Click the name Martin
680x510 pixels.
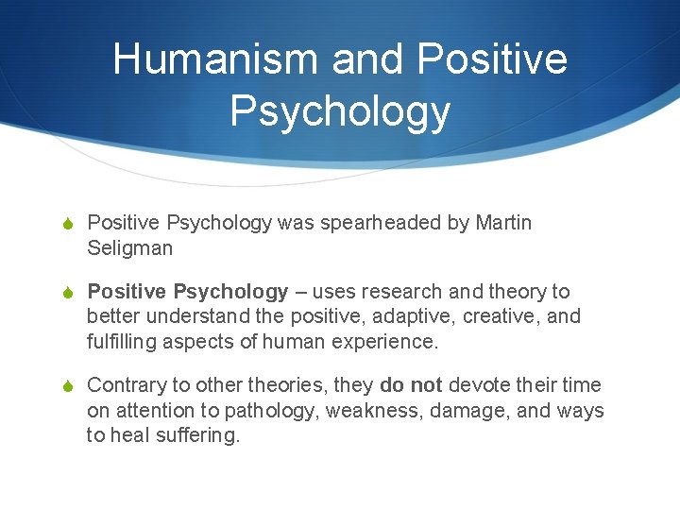(x=503, y=223)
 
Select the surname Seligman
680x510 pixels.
(x=130, y=247)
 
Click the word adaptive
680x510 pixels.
(x=401, y=316)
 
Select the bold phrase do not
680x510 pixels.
(x=411, y=385)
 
